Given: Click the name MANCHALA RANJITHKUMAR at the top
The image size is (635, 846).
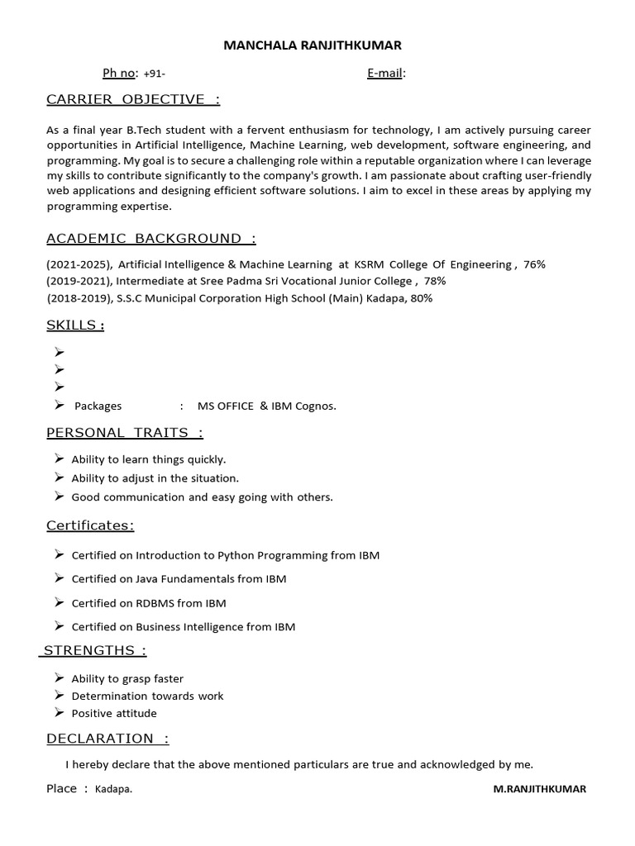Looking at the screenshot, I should [x=312, y=45].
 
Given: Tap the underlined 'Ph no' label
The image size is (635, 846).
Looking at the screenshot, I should [x=118, y=74].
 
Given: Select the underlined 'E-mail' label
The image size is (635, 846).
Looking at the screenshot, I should [x=384, y=74].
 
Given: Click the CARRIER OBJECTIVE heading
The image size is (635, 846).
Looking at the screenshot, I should [x=132, y=100].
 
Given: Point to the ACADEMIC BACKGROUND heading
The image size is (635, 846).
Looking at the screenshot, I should [x=150, y=239].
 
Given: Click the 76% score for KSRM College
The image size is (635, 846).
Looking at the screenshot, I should [x=534, y=264].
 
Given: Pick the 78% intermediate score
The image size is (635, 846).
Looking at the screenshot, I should [x=435, y=281].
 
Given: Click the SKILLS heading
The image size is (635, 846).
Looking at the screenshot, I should [x=74, y=326].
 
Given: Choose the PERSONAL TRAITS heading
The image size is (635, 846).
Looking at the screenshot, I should [x=124, y=433].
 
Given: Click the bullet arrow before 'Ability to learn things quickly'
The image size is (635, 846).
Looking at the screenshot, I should [x=60, y=459].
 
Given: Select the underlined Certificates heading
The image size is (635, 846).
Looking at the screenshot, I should [x=90, y=525].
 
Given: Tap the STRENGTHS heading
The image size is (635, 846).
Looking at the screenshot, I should [x=93, y=651].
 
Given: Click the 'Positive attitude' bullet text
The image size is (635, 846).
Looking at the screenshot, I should [x=114, y=713].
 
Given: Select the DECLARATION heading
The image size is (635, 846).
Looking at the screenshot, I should [x=107, y=739].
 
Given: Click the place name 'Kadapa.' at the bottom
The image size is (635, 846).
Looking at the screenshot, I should [x=113, y=789].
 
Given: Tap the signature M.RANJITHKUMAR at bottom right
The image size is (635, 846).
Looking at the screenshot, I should [x=539, y=789].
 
